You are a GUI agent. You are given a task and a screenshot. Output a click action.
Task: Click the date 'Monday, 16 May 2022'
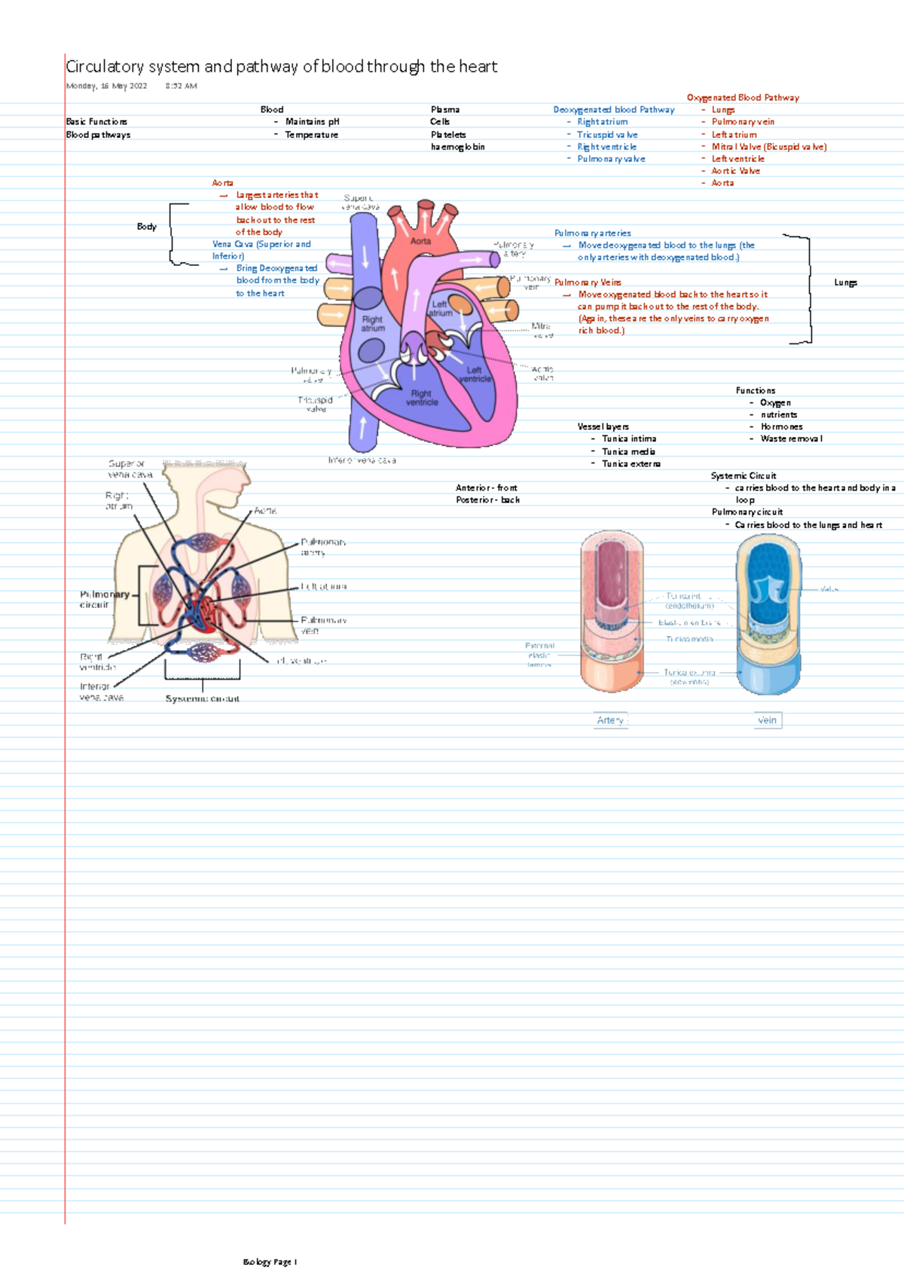106,86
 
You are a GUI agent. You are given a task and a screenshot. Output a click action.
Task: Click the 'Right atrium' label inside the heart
372,324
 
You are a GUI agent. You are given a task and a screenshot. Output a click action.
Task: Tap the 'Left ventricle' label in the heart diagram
475,374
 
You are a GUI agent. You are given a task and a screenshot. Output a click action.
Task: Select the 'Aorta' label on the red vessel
420,241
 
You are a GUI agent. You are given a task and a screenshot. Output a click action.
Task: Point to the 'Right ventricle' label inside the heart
421,398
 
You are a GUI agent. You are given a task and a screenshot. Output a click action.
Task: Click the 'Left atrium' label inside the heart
441,309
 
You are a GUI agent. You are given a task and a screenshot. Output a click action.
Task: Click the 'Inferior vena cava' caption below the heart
362,460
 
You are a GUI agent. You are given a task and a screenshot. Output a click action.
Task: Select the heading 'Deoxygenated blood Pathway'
614,110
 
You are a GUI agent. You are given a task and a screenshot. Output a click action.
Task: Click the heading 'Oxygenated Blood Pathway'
743,98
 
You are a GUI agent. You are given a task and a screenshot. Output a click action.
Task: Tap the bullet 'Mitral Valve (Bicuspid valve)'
768,147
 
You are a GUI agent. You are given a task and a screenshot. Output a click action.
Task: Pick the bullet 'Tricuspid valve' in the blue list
607,135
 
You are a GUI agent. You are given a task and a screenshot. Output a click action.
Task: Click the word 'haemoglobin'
457,147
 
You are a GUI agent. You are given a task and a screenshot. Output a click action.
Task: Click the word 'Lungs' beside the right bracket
845,283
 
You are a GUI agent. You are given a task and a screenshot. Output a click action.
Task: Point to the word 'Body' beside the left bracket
146,226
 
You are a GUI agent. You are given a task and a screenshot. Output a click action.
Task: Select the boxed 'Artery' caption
610,720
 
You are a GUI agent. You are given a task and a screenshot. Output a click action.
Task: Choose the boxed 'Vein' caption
767,720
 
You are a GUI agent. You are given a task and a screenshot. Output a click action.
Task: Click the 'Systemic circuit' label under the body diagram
202,699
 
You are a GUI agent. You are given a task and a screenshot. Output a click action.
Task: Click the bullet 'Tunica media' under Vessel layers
628,452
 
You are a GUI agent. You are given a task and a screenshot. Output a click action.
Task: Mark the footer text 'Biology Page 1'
270,1262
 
